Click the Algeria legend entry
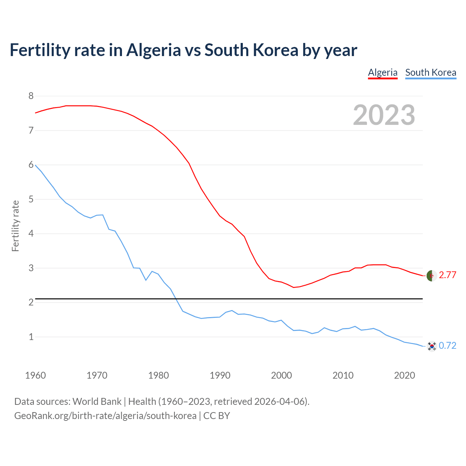point(383,72)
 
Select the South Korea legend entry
point(431,72)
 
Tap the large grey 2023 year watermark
point(384,115)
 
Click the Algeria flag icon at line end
point(431,276)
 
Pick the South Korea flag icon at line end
point(431,346)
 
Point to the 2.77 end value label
point(447,275)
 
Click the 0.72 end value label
point(447,345)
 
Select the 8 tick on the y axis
point(31,96)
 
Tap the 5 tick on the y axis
point(31,199)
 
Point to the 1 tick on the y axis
point(31,337)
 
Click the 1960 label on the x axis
point(35,375)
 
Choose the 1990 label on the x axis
point(220,375)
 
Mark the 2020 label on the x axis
point(404,375)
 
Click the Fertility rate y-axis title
point(15,226)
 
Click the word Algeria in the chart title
point(153,50)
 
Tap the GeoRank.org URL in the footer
point(105,415)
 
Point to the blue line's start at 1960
point(36,165)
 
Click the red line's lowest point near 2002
point(293,287)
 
